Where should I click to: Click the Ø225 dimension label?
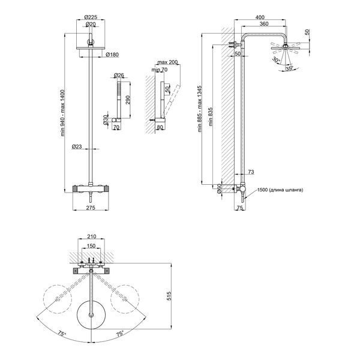91,17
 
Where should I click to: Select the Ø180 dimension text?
112,55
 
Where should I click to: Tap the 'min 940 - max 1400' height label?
62,113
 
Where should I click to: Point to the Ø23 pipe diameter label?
77,146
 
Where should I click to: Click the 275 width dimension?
91,208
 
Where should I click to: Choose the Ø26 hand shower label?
119,75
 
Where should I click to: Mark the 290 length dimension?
128,100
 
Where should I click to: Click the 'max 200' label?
167,62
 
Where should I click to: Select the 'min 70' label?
160,70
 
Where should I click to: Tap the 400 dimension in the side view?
260,17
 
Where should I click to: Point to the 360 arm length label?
264,23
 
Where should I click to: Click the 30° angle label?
276,59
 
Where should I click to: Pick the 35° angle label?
289,68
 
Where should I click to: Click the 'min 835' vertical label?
211,117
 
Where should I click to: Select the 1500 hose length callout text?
280,190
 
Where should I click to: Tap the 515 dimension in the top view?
169,296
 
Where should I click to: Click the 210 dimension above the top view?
91,236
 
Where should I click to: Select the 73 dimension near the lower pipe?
251,172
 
